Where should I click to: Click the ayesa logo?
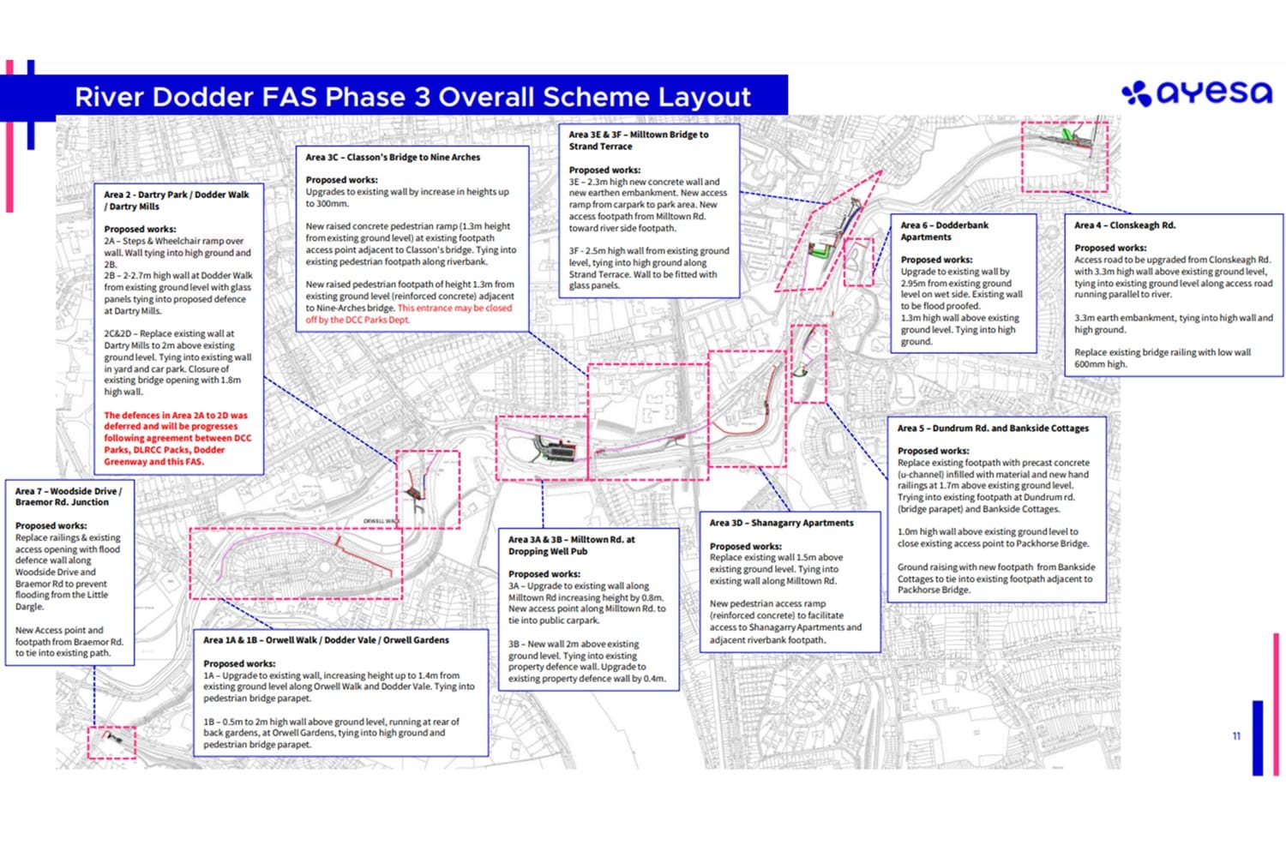(1197, 93)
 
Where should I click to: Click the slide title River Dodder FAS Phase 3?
(412, 97)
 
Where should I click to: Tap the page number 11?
(1236, 736)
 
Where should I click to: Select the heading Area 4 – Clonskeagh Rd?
(1125, 225)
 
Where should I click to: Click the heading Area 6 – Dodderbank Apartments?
(943, 231)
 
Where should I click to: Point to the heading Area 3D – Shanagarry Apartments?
(781, 523)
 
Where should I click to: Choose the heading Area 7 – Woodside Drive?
(69, 496)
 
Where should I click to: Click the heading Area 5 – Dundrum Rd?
(993, 428)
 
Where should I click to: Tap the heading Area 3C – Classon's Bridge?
(393, 157)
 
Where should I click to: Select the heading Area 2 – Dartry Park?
(176, 200)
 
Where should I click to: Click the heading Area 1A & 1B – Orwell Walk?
(326, 639)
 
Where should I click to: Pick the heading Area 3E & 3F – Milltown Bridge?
(638, 140)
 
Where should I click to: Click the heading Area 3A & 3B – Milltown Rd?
(571, 545)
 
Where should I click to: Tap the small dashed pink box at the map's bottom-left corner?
(111, 742)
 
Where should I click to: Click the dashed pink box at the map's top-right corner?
(1064, 156)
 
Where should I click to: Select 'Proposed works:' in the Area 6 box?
(936, 260)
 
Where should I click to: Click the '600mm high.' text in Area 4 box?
(1101, 364)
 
